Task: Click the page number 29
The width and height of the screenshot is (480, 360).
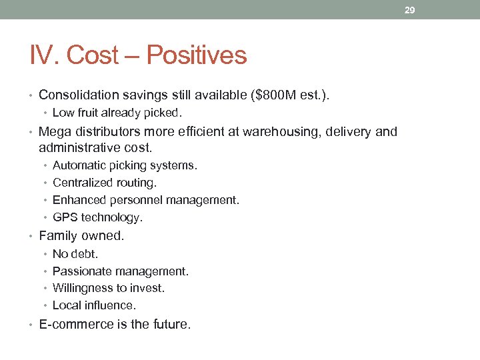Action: click(409, 10)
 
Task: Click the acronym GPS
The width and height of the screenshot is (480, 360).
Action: click(65, 217)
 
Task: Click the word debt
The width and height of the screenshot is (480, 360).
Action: click(85, 254)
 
